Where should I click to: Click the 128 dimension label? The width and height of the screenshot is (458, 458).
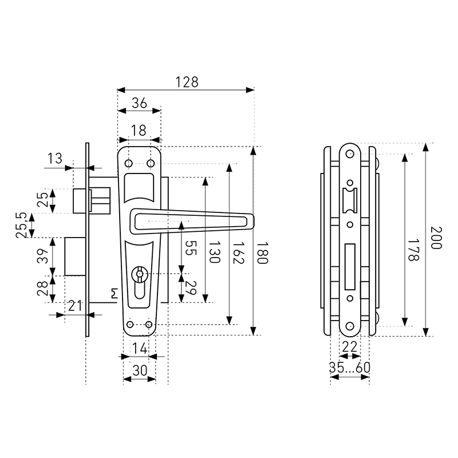pyautogui.click(x=187, y=82)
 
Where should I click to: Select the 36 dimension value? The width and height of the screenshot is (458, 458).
pyautogui.click(x=139, y=103)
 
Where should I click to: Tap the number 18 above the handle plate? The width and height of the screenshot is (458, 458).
pyautogui.click(x=139, y=131)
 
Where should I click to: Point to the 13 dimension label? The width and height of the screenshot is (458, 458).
pyautogui.click(x=55, y=159)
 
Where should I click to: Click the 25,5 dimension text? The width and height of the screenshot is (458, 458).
pyautogui.click(x=22, y=225)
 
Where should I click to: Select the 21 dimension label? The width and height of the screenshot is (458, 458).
pyautogui.click(x=75, y=306)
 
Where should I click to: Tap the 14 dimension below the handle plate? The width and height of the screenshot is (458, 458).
pyautogui.click(x=140, y=349)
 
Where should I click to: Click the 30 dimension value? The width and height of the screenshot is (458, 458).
pyautogui.click(x=140, y=370)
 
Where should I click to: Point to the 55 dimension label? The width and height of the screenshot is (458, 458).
pyautogui.click(x=191, y=248)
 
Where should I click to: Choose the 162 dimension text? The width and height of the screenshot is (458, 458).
pyautogui.click(x=238, y=252)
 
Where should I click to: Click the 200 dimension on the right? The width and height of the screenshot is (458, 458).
pyautogui.click(x=436, y=238)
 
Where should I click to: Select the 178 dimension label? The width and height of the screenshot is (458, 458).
pyautogui.click(x=413, y=250)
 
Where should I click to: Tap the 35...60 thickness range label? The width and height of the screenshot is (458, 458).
pyautogui.click(x=350, y=368)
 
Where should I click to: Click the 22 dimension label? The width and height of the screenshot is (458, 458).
pyautogui.click(x=349, y=347)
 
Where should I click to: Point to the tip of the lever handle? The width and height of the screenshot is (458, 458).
pyautogui.click(x=253, y=221)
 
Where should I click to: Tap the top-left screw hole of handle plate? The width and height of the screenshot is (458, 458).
pyautogui.click(x=128, y=163)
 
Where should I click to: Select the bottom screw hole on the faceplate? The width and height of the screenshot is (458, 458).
pyautogui.click(x=350, y=326)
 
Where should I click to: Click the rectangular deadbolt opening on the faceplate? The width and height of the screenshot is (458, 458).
pyautogui.click(x=350, y=267)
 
